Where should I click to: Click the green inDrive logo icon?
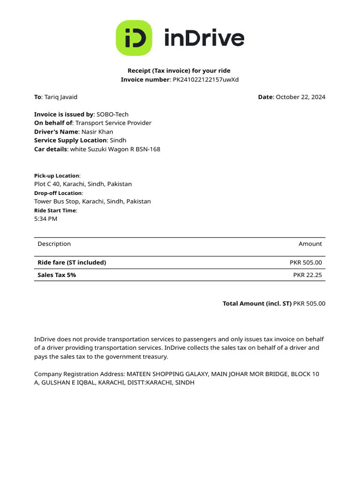[x=134, y=38]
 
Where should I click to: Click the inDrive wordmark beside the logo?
[x=204, y=38]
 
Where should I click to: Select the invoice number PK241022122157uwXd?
[x=206, y=80]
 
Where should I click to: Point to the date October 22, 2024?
[x=300, y=97]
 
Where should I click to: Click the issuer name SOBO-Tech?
[x=112, y=114]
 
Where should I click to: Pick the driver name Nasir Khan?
[x=97, y=132]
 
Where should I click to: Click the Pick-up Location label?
[x=57, y=176]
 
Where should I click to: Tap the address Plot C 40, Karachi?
[x=83, y=184]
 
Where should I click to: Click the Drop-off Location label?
[x=58, y=193]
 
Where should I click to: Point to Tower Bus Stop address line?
[x=92, y=202]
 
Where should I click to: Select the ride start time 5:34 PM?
[x=45, y=219]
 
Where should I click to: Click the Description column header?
[x=54, y=244]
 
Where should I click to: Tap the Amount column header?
[x=310, y=244]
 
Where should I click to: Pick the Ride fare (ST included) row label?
[x=72, y=262]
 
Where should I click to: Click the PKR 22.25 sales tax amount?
[x=307, y=275]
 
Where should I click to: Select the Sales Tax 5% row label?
[x=57, y=275]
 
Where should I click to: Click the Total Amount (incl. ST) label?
[x=257, y=304]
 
